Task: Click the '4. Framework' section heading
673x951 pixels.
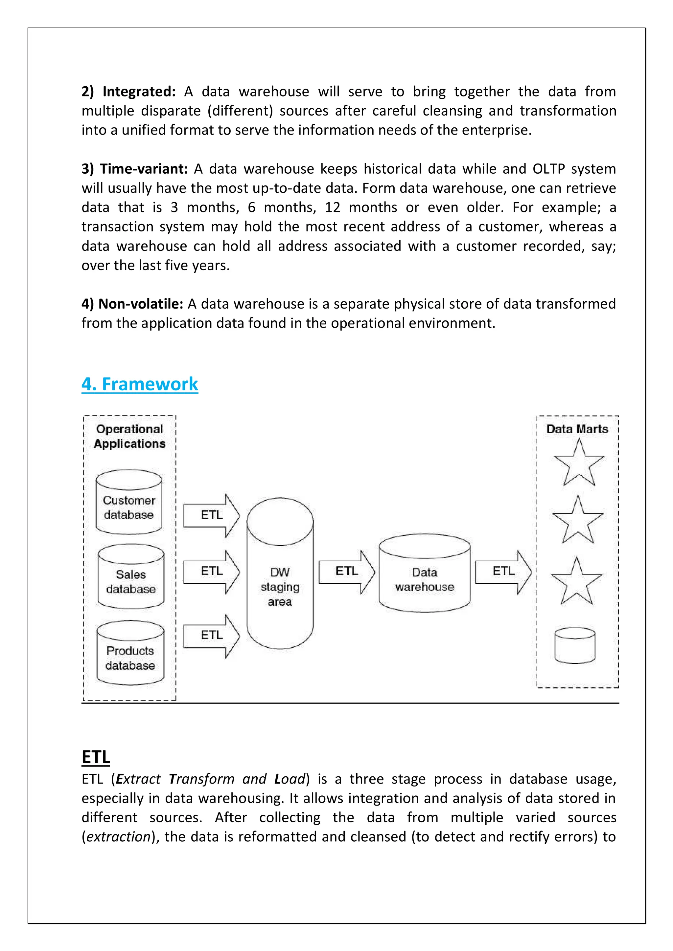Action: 140,384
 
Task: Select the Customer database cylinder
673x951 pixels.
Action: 129,503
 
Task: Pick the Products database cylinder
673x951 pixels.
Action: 130,653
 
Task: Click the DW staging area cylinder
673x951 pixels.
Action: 280,574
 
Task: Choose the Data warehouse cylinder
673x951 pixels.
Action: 425,574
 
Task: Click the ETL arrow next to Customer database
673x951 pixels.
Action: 212,515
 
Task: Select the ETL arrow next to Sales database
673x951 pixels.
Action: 212,572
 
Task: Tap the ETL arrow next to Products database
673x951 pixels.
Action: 212,636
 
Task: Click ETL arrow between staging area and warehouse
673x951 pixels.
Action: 347,572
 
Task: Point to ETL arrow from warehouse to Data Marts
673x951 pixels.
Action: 503,572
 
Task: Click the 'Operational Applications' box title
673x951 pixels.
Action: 129,436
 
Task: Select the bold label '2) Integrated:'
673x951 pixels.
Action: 128,92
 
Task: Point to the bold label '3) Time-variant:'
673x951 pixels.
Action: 135,169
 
